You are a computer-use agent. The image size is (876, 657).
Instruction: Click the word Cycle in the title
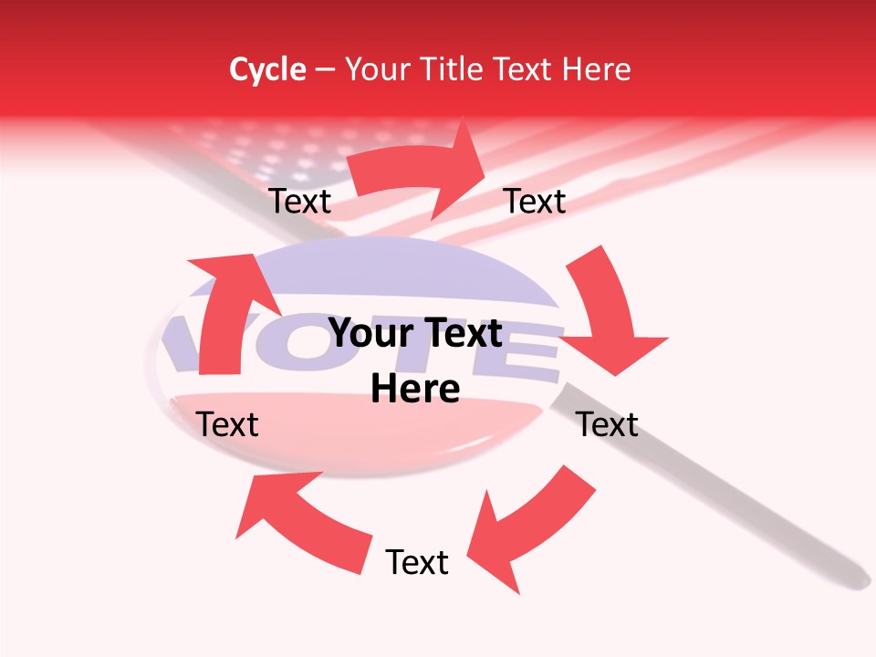click(x=267, y=69)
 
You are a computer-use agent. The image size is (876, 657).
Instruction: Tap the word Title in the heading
click(x=450, y=69)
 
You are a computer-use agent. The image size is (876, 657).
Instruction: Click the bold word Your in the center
click(x=373, y=334)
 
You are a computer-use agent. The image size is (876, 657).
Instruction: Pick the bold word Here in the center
click(x=415, y=390)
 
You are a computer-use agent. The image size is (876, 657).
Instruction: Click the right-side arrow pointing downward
click(x=607, y=315)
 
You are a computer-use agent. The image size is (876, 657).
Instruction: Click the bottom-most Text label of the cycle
click(x=417, y=563)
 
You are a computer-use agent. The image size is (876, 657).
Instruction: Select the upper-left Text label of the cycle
click(x=299, y=202)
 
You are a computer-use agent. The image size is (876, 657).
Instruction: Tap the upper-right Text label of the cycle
click(x=535, y=202)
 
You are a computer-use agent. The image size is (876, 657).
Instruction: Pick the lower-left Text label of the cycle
click(x=227, y=424)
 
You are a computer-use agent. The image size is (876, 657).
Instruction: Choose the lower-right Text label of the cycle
click(x=607, y=424)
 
